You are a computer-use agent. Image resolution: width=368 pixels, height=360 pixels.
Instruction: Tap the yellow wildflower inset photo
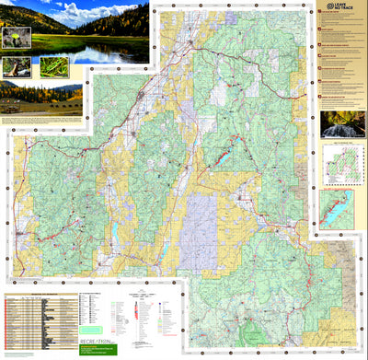[17, 38]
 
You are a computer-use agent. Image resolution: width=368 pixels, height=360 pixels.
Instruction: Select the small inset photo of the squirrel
[16, 67]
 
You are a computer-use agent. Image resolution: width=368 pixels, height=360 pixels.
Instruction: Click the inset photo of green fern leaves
[53, 67]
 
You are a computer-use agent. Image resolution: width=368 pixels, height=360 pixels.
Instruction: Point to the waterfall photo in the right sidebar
[342, 124]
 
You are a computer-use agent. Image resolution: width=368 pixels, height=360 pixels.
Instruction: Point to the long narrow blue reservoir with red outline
[224, 158]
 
